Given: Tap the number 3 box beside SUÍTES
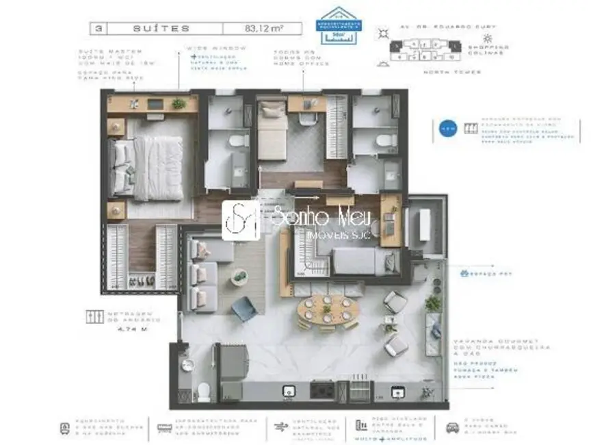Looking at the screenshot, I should pos(101,28).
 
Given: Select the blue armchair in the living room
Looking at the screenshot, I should pos(244,310).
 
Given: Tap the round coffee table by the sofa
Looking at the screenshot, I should pos(240,277).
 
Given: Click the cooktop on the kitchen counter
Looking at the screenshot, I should pos(321,390).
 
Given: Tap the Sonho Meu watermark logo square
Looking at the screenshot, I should pos(240,220).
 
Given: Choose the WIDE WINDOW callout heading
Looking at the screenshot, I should pos(204,49).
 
